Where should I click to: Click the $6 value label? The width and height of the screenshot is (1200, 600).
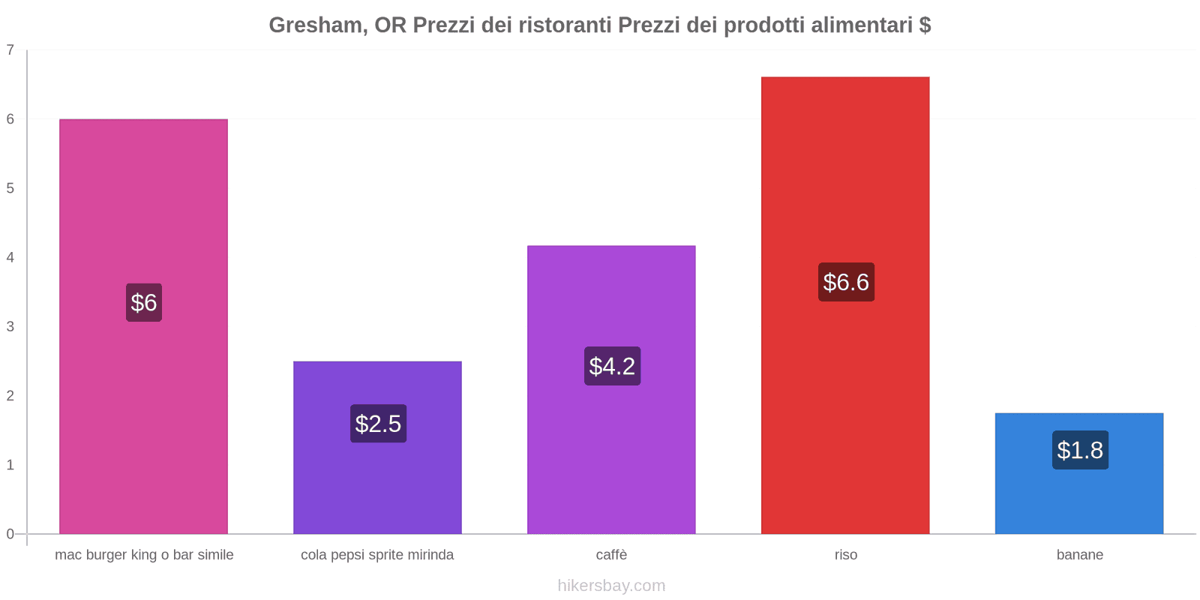click(x=144, y=302)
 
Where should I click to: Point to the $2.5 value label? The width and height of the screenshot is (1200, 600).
click(x=378, y=424)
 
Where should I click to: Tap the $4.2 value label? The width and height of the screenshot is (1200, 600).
click(x=612, y=366)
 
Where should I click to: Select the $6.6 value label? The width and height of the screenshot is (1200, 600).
click(x=846, y=282)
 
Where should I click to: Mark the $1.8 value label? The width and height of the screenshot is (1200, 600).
click(x=1080, y=450)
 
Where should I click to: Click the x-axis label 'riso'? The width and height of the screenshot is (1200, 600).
click(x=846, y=555)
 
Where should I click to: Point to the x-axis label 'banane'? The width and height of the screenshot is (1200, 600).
click(x=1080, y=555)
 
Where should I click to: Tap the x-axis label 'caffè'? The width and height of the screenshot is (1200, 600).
click(x=611, y=555)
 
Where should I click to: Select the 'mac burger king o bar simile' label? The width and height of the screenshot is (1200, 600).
click(x=144, y=555)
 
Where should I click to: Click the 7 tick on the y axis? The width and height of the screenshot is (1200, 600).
click(x=10, y=50)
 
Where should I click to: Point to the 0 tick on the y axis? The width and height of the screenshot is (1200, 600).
click(x=10, y=534)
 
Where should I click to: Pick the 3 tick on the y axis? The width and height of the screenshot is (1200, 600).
click(x=10, y=326)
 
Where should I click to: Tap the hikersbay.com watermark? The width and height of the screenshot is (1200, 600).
click(x=611, y=586)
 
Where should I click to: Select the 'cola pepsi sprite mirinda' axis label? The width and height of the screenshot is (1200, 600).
click(x=377, y=555)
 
